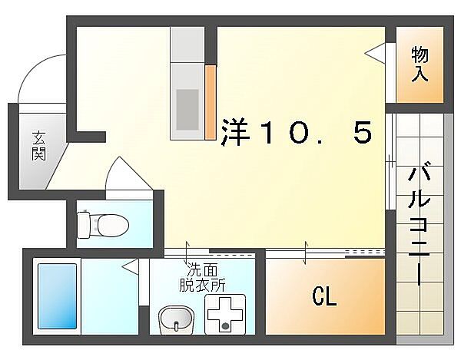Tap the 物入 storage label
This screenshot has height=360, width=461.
coord(420,64)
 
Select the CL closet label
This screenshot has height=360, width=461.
coord(323,296)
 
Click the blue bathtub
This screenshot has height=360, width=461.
coord(58,297)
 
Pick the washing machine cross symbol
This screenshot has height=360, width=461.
coord(225,315)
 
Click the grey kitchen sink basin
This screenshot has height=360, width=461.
coord(187,108)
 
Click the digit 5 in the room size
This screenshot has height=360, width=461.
coord(362,132)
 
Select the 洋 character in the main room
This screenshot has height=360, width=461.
coord(237,132)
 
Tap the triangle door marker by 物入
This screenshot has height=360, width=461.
coord(376,52)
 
